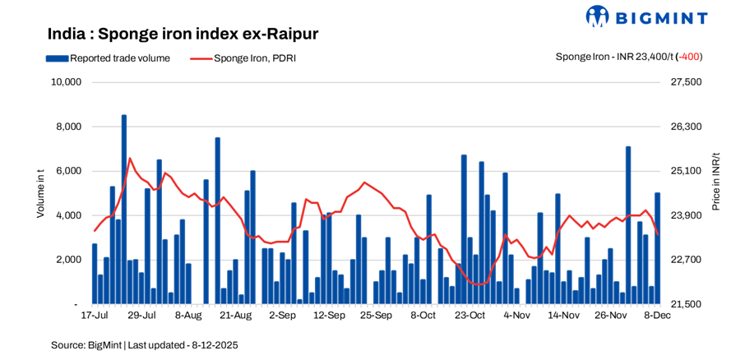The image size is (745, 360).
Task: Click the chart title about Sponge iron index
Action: (x=183, y=34)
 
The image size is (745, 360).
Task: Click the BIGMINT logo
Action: (x=646, y=16)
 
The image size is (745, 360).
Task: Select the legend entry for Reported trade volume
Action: (x=108, y=58)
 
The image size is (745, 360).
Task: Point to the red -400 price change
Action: (x=689, y=57)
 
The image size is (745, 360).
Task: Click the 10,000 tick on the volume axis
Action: (x=65, y=82)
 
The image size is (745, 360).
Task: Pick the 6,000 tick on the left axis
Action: (x=68, y=171)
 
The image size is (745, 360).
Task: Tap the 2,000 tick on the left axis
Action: (x=68, y=260)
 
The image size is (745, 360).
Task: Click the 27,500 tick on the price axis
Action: (x=687, y=82)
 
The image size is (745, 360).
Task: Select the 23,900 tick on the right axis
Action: (x=687, y=215)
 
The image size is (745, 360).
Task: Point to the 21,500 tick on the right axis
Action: (x=687, y=304)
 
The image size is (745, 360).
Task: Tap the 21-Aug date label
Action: (x=236, y=315)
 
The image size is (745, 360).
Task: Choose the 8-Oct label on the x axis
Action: (x=423, y=315)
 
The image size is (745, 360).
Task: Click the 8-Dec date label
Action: (x=657, y=315)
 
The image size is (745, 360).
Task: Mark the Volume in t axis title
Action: (x=40, y=193)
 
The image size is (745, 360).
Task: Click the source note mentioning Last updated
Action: (x=144, y=344)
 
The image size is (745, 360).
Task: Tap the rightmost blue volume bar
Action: (x=657, y=248)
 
